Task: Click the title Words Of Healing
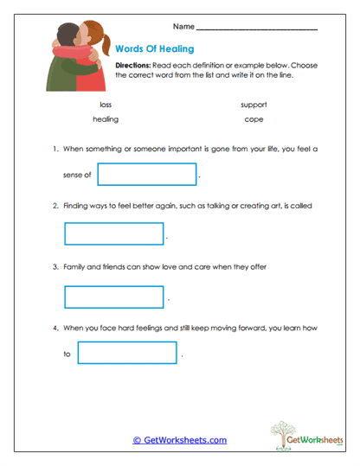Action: tap(154, 49)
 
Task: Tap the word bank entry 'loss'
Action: tap(106, 105)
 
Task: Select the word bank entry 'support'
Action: tap(254, 105)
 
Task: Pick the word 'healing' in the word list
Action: tap(106, 119)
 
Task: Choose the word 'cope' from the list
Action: tap(254, 119)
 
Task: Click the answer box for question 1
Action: tap(147, 175)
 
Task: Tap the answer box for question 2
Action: tap(114, 234)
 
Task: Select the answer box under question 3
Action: tap(114, 297)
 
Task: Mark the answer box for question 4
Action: tap(127, 353)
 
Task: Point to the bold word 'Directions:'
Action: tap(132, 66)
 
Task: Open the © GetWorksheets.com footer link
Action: tap(179, 440)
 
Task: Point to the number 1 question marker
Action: tap(55, 149)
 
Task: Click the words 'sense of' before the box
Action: tap(77, 176)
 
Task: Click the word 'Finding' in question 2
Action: tap(76, 206)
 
